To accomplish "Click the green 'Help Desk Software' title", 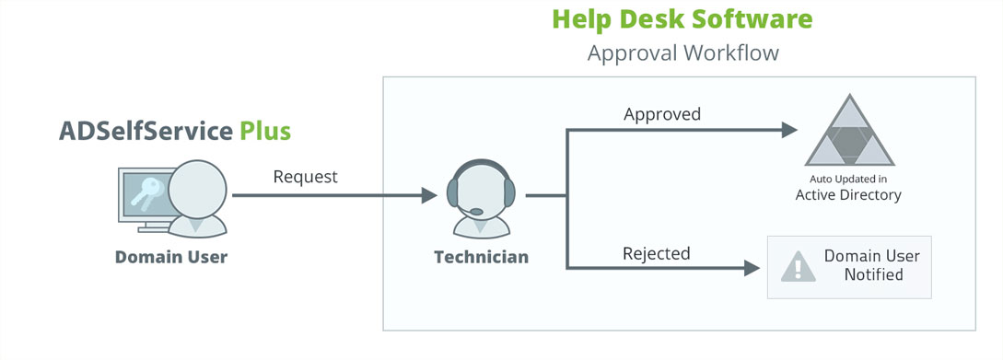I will (x=682, y=18).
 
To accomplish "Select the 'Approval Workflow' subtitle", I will (x=682, y=52).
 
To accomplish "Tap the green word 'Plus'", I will (x=265, y=131).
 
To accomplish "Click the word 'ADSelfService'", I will (x=146, y=131).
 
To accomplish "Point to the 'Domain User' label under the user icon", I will (x=171, y=257).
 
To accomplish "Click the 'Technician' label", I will (x=482, y=257).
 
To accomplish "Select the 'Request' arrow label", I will (x=306, y=176).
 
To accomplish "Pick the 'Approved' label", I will (x=662, y=115).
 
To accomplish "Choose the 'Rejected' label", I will (x=657, y=253).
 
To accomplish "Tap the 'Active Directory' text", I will (x=848, y=195).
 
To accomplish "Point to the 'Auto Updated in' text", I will (x=848, y=179).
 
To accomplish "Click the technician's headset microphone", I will (x=475, y=212).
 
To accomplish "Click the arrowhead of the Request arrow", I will (x=429, y=195).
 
